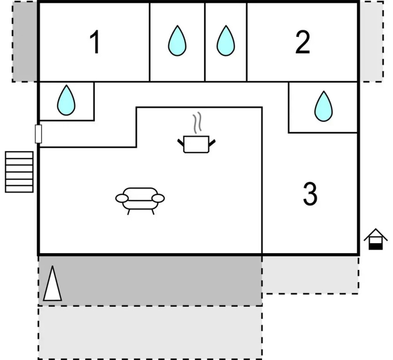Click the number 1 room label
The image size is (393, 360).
click(x=95, y=42)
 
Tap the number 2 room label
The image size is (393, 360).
click(x=302, y=42)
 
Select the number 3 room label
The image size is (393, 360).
click(x=310, y=194)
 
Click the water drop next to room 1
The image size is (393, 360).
click(x=177, y=41)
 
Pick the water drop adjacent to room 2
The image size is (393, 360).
click(x=226, y=41)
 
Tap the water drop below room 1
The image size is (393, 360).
click(x=66, y=100)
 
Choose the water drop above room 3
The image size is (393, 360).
click(x=324, y=106)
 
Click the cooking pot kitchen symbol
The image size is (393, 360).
click(x=196, y=144)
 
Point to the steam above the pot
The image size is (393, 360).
click(x=197, y=122)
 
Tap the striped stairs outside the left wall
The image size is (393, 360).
click(x=19, y=172)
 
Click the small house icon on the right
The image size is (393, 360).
click(x=376, y=239)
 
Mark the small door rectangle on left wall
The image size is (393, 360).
click(x=38, y=134)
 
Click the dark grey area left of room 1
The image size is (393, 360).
click(x=24, y=42)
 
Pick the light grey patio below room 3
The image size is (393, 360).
click(x=310, y=275)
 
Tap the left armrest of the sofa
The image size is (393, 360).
click(x=122, y=198)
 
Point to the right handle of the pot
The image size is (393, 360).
click(x=212, y=143)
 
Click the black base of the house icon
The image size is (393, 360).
click(x=376, y=246)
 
